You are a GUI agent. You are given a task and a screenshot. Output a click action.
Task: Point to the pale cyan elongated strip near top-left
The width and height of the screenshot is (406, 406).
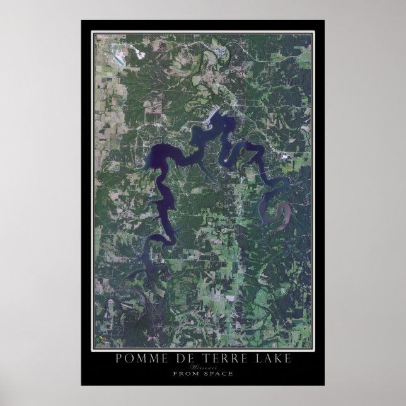118,62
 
